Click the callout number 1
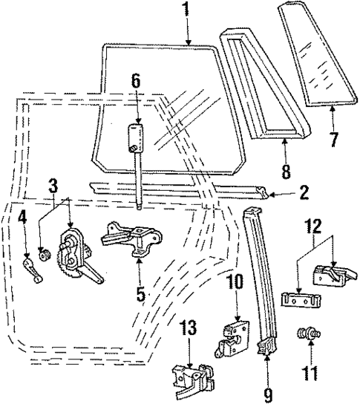(x=186, y=10)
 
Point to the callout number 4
(x=22, y=218)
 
